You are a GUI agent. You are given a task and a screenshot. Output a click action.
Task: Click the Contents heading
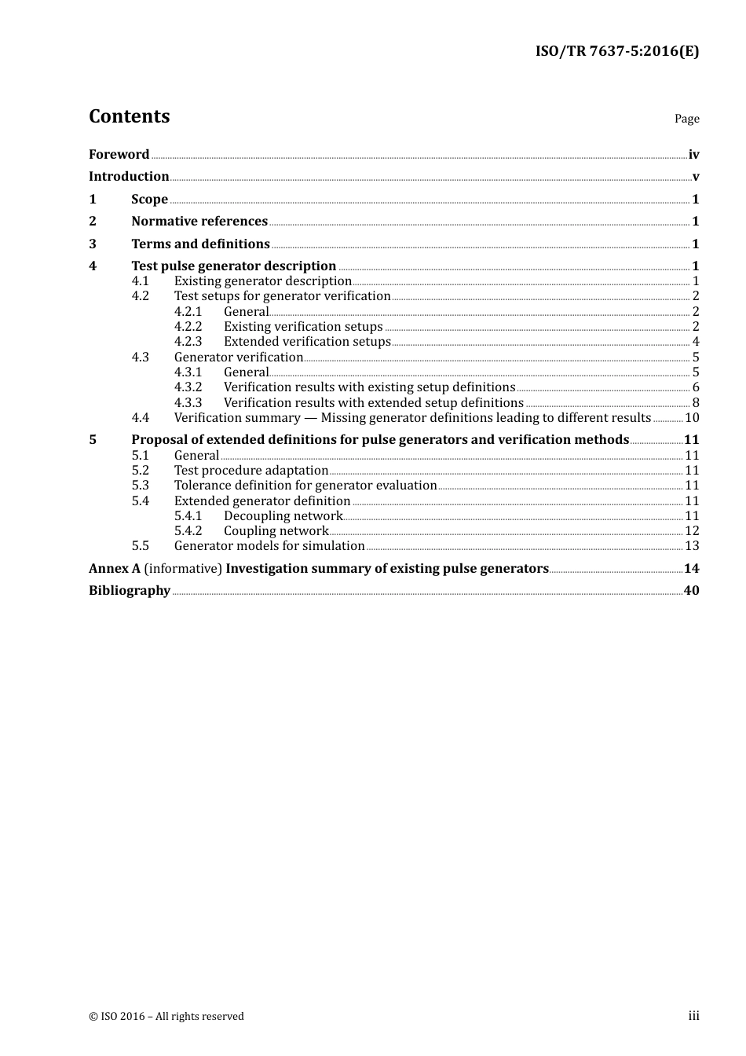pos(129,116)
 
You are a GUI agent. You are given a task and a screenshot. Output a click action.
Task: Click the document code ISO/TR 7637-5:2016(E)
pos(617,52)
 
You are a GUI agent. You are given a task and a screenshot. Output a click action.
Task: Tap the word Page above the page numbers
pos(686,119)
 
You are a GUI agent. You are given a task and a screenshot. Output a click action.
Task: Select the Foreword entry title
pos(119,155)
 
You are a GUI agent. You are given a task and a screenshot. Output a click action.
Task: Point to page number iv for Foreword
pos(693,155)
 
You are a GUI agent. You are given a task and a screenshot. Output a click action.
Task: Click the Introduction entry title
pos(129,177)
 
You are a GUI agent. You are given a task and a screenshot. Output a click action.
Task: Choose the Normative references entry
pos(199,222)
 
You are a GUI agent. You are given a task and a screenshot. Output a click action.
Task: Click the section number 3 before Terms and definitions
pos(93,244)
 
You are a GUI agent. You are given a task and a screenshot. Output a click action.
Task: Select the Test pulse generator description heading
pos(233,266)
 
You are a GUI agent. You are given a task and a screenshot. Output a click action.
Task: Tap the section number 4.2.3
pos(188,342)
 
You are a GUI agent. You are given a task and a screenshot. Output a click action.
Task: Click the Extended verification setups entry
pos(307,342)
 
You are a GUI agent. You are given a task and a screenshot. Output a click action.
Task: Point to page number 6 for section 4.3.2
pos(696,387)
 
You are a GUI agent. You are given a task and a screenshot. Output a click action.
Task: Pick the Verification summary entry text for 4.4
pos(412,418)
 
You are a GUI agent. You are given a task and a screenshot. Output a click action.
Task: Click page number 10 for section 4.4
pos(692,418)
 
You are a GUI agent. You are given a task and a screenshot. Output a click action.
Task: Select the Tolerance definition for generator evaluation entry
pos(305,486)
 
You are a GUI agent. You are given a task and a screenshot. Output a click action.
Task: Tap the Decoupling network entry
pos(283,516)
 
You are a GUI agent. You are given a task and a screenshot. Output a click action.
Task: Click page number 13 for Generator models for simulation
pos(692,546)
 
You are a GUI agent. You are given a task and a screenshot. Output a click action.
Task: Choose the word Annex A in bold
pos(108,569)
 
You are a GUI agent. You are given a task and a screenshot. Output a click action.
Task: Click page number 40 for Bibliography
pos(691,591)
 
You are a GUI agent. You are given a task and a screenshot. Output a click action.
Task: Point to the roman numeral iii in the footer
pos(693,1016)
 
